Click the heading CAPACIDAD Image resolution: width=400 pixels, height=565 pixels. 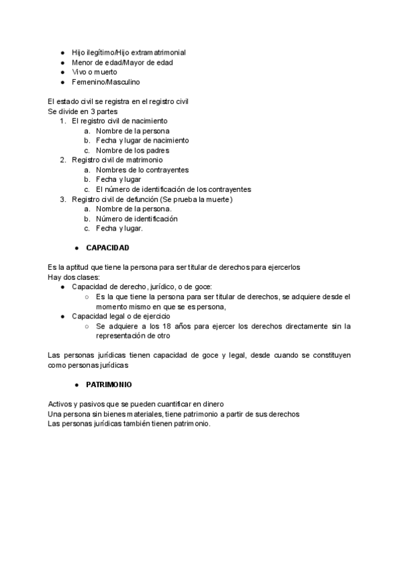tap(107, 248)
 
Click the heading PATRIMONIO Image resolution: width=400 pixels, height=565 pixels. tap(109, 385)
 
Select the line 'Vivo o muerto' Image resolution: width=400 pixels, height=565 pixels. tap(94, 72)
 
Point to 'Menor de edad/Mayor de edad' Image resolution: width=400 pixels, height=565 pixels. tap(113, 62)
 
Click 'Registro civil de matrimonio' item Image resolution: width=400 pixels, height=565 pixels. tap(117, 160)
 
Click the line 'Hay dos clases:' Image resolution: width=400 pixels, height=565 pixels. tap(73, 277)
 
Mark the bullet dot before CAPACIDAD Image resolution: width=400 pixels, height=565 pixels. tap(77, 248)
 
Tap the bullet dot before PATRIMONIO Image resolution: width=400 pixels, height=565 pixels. tap(77, 385)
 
